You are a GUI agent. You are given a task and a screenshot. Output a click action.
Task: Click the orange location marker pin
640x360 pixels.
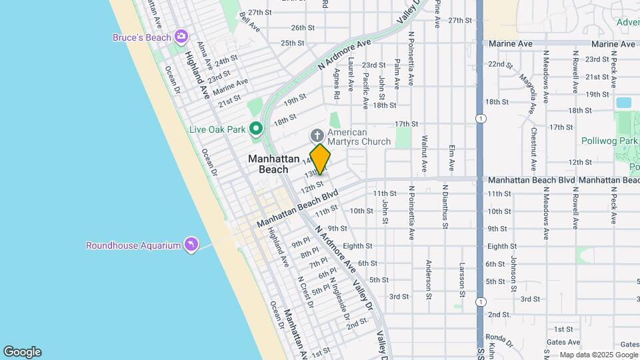(x=320, y=159)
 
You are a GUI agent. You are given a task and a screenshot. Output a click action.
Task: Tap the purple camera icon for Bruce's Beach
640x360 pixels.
(x=181, y=35)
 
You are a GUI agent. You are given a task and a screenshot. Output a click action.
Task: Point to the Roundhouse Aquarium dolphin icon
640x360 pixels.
(x=191, y=245)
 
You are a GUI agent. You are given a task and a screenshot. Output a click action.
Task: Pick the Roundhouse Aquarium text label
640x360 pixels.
(x=133, y=245)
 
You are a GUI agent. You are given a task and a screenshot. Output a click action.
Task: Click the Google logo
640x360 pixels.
(x=22, y=352)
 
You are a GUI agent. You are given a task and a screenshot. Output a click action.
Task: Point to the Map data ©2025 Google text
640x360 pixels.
(x=597, y=355)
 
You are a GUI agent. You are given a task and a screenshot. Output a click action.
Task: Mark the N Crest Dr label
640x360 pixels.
(x=305, y=291)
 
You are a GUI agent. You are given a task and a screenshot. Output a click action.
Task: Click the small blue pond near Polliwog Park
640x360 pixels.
(x=624, y=103)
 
